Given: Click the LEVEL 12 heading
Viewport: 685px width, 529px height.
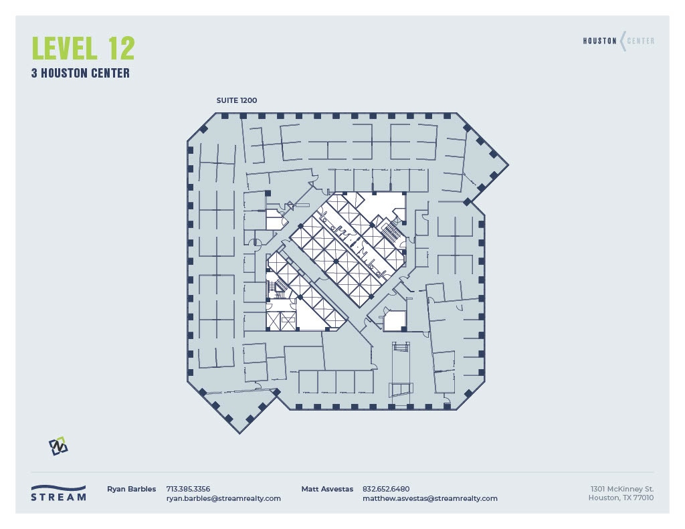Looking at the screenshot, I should click(x=84, y=48).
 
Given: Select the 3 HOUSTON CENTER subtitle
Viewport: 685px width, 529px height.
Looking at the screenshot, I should click(x=80, y=74).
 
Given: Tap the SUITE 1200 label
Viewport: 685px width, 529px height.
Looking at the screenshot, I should click(x=236, y=100).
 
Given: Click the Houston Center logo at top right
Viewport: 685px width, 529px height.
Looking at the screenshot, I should click(x=619, y=41).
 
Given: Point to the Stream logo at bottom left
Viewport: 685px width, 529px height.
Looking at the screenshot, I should click(x=59, y=493).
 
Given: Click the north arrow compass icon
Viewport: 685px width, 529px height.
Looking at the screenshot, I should click(x=58, y=446).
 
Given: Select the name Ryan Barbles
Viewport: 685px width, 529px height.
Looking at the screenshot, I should click(x=131, y=489).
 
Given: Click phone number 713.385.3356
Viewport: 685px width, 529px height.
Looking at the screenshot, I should click(x=188, y=489).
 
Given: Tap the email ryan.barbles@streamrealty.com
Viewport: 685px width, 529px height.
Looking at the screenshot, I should click(x=223, y=498).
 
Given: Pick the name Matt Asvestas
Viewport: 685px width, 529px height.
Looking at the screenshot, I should click(x=327, y=489).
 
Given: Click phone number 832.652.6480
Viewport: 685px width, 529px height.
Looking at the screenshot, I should click(x=385, y=489).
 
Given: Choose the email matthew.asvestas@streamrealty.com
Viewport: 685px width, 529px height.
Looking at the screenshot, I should click(x=429, y=498).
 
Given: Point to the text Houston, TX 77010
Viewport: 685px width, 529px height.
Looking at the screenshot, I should click(x=621, y=498).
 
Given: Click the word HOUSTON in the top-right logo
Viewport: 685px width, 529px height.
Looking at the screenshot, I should click(x=600, y=41).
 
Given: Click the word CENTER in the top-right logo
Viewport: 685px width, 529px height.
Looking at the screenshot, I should click(x=640, y=41).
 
